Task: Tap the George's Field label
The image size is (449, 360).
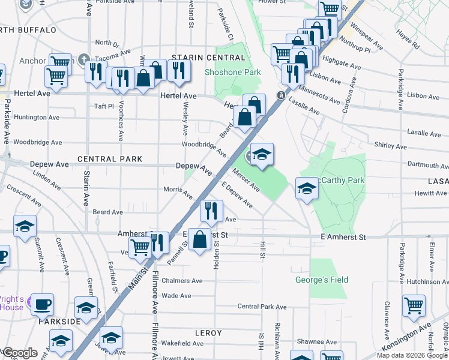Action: click(x=322, y=280)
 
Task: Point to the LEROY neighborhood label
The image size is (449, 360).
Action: click(x=208, y=332)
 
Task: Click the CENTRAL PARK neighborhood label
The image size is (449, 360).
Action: click(x=110, y=159)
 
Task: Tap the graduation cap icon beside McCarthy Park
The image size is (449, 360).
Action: click(x=307, y=188)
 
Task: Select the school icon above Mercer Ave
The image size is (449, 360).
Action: click(x=261, y=155)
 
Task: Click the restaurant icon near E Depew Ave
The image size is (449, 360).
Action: click(x=211, y=211)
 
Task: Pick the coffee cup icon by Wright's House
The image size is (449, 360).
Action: click(x=42, y=304)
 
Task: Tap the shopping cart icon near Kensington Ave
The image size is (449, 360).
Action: click(x=414, y=305)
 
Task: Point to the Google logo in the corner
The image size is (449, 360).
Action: click(x=20, y=353)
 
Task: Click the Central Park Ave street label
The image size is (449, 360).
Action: click(x=256, y=306)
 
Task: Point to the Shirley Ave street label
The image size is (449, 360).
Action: click(x=390, y=146)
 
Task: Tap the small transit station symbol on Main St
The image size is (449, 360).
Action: click(x=280, y=95)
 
